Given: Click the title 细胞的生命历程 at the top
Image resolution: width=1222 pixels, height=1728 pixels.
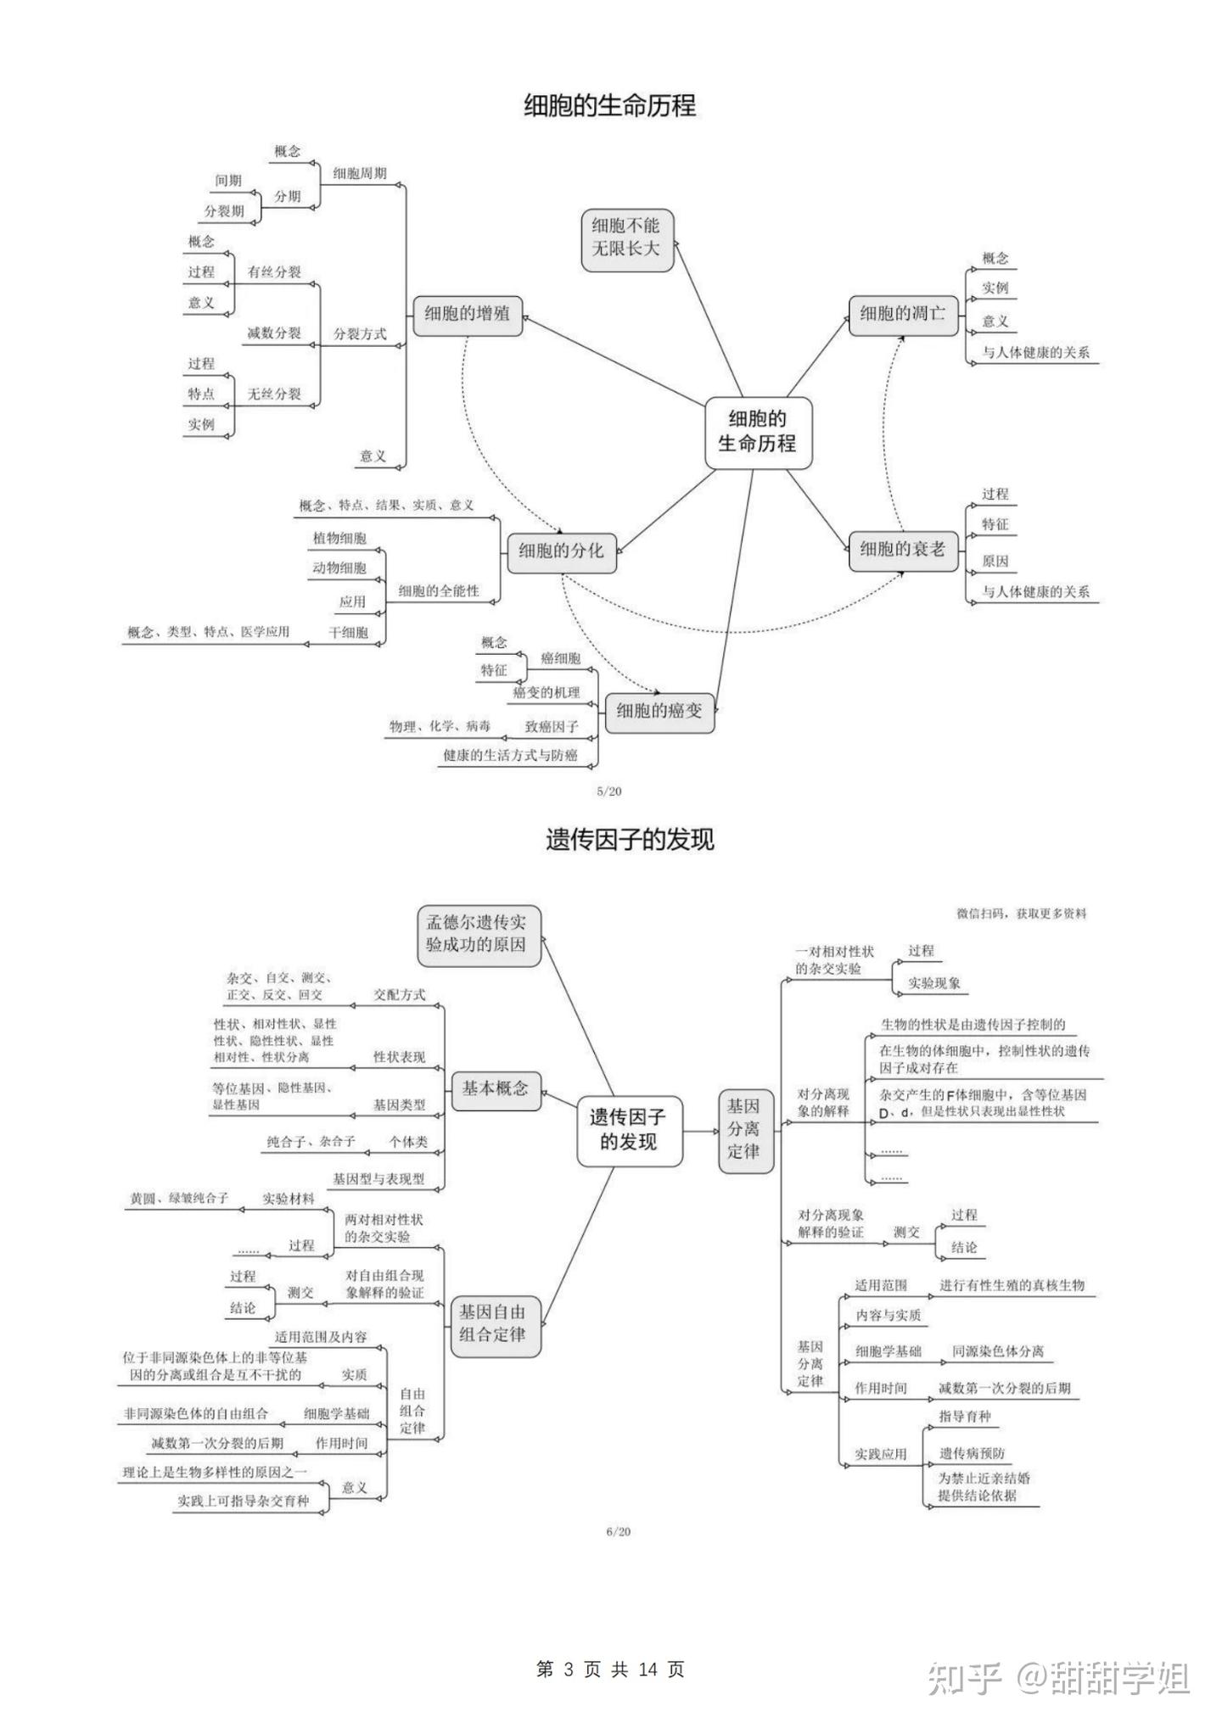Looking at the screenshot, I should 609,106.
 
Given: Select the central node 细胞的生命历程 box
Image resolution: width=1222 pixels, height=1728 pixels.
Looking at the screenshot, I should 757,431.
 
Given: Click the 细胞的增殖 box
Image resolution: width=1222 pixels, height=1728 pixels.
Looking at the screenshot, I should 467,314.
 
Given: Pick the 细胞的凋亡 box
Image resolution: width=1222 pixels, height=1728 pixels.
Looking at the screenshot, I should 902,314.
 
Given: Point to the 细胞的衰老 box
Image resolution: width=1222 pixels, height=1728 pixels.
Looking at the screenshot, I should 902,550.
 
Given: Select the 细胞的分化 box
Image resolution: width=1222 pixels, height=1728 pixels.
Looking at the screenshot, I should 561,551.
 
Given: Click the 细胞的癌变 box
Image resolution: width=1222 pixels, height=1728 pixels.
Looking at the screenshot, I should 659,711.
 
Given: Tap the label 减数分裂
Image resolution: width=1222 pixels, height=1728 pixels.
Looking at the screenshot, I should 274,333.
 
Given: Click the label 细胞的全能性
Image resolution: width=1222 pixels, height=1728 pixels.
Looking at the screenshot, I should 439,590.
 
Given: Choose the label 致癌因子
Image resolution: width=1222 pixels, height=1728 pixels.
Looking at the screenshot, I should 552,727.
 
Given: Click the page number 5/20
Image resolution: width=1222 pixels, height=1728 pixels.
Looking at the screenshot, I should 609,791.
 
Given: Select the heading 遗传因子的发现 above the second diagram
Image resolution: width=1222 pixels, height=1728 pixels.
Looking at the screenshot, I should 630,840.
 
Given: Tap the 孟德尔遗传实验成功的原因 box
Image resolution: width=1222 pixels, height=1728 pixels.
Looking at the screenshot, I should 478,934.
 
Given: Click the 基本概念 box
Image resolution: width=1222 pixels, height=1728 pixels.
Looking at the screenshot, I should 495,1088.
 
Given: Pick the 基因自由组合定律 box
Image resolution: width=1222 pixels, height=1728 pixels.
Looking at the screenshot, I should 493,1323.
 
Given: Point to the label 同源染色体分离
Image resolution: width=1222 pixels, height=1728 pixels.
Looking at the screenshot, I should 997,1351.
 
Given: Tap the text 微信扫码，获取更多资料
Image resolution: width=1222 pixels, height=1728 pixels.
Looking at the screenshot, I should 1021,914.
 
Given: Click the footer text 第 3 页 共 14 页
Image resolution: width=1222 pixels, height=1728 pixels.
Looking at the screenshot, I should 610,1669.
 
